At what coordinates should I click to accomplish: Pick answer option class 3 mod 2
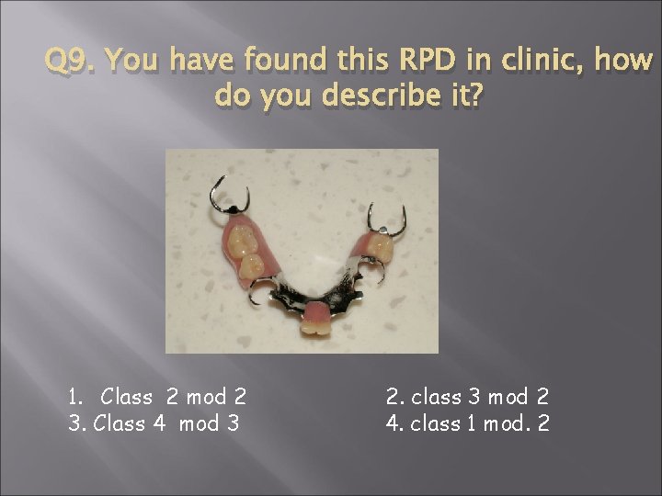(481, 398)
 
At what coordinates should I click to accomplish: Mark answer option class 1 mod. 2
(481, 425)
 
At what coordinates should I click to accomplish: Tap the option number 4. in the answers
(394, 425)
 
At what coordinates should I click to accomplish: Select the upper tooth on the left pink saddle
(242, 240)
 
